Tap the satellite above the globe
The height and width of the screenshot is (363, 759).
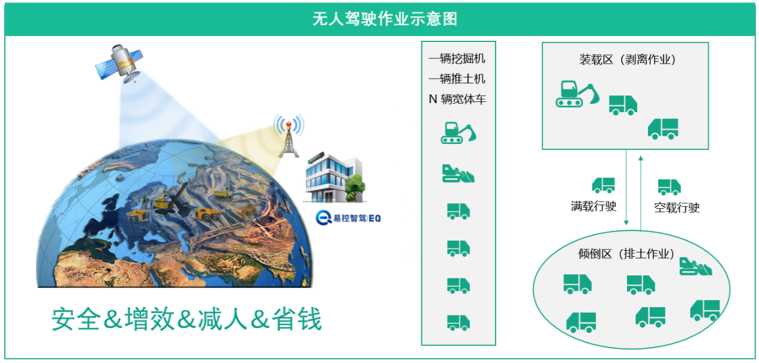click(120, 62)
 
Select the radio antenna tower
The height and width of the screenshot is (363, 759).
click(289, 138)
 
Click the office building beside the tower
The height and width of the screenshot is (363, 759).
click(334, 176)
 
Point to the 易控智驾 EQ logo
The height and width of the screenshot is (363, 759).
click(349, 218)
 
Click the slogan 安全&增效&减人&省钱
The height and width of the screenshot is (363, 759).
click(187, 319)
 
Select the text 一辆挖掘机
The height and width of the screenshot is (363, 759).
click(457, 59)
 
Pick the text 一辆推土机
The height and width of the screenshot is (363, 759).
click(457, 79)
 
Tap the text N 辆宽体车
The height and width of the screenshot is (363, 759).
click(457, 100)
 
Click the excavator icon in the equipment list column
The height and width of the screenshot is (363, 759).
click(458, 133)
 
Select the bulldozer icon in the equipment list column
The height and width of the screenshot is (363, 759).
click(458, 173)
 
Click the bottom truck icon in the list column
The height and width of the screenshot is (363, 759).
click(458, 322)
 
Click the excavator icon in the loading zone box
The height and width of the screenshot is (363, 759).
click(577, 94)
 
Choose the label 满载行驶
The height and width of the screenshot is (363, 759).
click(593, 206)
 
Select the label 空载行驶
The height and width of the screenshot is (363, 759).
click(677, 208)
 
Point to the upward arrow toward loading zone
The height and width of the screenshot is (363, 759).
click(641, 192)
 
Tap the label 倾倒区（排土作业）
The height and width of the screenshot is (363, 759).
click(626, 254)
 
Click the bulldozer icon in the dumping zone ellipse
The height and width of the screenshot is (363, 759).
click(695, 266)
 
